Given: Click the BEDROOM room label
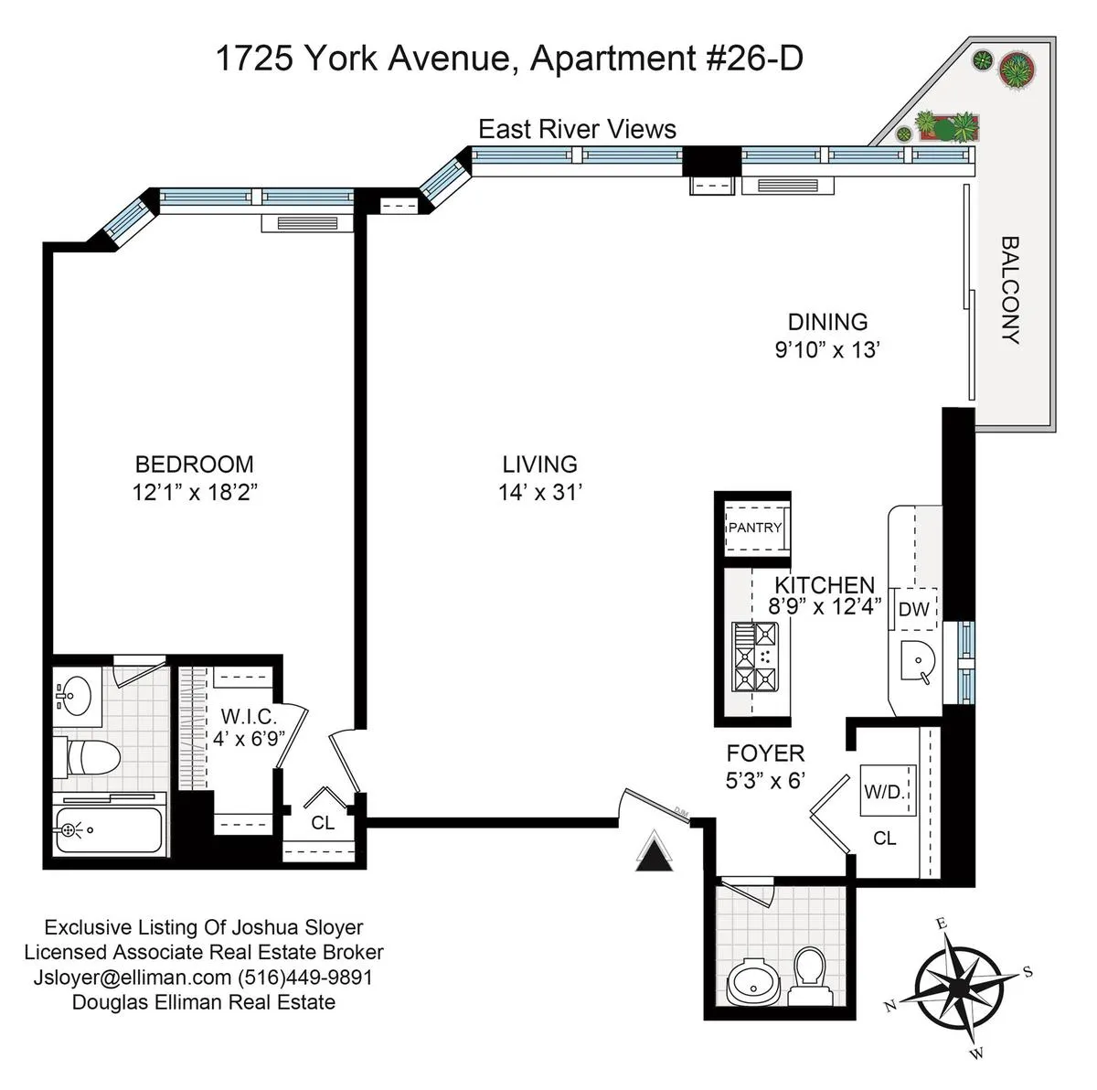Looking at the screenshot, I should point(194,465).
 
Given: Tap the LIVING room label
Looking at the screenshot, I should point(539,465).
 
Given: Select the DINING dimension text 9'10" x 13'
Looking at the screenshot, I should point(826,349).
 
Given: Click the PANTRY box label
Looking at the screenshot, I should point(754,528).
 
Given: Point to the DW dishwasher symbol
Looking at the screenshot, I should point(913,609).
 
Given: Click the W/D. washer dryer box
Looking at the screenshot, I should point(885,792).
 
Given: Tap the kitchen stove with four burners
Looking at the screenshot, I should point(755,656).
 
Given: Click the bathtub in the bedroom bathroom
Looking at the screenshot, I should point(108,830).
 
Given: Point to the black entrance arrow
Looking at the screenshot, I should point(654,856).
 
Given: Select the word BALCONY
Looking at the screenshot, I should point(1010,290).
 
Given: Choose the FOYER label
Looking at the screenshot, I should point(765,753).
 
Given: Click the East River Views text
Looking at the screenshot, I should point(577,130).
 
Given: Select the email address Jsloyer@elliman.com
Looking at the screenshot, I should point(133,978).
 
